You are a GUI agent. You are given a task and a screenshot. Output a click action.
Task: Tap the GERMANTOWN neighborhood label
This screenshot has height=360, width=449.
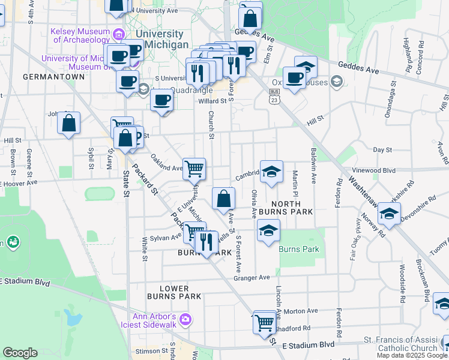pyautogui.click(x=45, y=77)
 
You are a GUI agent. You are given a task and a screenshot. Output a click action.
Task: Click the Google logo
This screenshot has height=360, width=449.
pyautogui.click(x=20, y=353)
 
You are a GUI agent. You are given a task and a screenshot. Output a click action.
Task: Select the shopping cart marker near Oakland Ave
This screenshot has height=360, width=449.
pyautogui.click(x=194, y=169)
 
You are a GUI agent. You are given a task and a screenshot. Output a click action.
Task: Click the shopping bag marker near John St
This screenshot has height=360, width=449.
pyautogui.click(x=69, y=124)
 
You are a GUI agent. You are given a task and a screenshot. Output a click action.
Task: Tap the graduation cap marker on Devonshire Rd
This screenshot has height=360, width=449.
pyautogui.click(x=389, y=214)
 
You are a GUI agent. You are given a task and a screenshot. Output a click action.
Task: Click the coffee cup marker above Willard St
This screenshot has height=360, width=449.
pyautogui.click(x=161, y=100)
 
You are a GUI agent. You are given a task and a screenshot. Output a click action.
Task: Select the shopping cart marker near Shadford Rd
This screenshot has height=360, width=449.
pyautogui.click(x=264, y=322)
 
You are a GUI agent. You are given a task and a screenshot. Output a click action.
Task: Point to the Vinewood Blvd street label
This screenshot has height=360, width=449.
pyautogui.click(x=375, y=170)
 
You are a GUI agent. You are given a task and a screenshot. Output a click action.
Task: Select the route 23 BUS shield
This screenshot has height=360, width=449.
pyautogui.click(x=274, y=96)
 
